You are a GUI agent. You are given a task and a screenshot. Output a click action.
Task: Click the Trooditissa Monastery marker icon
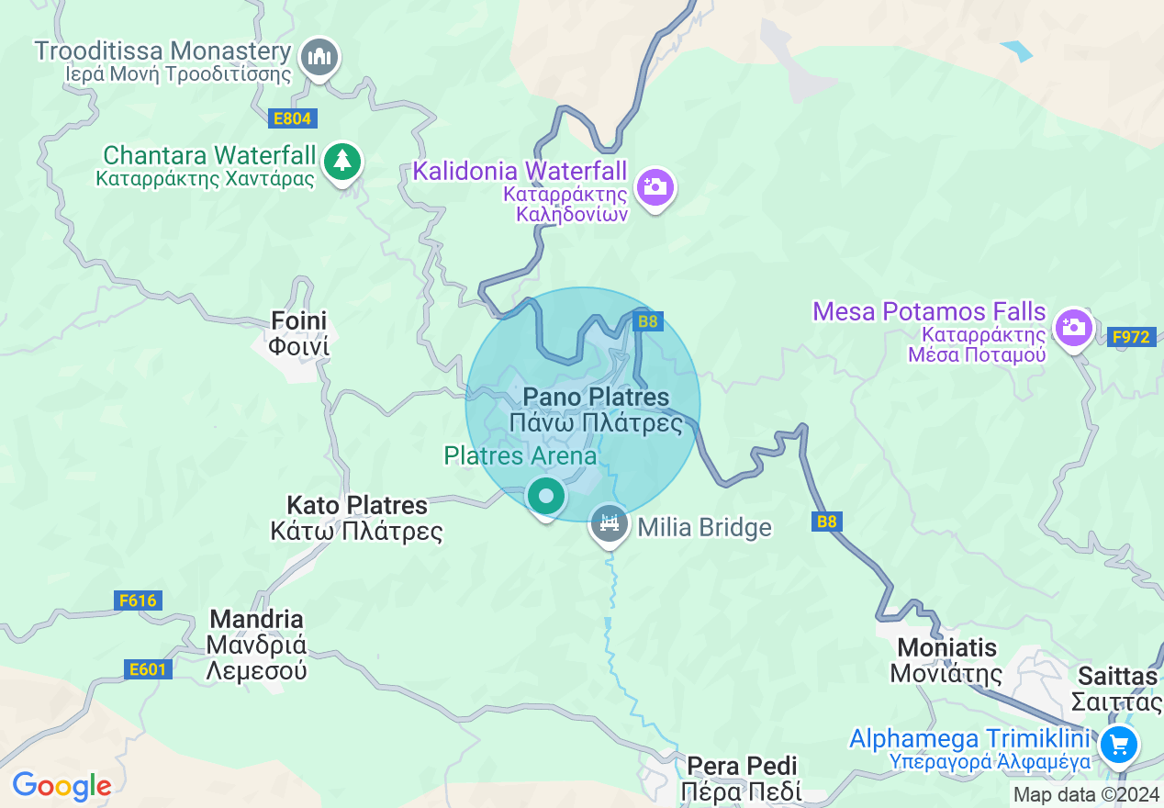[x=319, y=58]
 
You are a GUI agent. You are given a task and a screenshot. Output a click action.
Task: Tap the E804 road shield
[x=293, y=118]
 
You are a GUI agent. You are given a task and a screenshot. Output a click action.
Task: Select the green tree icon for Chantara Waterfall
[x=342, y=162]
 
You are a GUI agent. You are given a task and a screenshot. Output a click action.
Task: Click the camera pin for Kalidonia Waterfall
[x=655, y=187]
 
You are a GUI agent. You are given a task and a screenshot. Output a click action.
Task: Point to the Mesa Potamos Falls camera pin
[x=1072, y=327]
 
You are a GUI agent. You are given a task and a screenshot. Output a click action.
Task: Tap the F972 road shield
[x=1130, y=337]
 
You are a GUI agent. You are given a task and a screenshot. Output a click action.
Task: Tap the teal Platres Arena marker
[x=546, y=497]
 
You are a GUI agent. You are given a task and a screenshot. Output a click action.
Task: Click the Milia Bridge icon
[x=609, y=524]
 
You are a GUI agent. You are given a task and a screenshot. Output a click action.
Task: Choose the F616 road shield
[x=139, y=600]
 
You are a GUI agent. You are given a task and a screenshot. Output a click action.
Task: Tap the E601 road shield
[x=147, y=669]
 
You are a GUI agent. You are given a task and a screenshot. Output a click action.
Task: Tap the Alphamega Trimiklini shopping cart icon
[x=1118, y=744]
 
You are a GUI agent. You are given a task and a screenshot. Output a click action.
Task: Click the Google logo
[x=62, y=786]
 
